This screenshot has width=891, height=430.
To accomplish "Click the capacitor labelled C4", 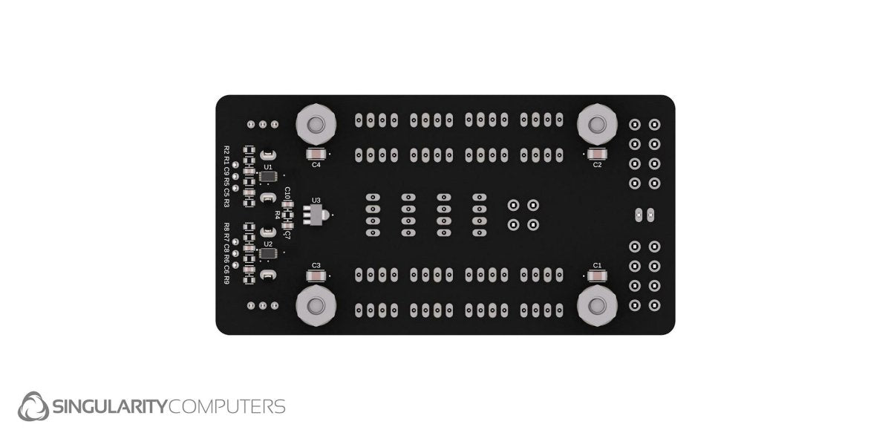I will coord(316,154).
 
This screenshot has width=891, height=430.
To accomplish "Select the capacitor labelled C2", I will coord(597,154).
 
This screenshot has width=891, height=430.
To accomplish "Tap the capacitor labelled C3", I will coord(316,276).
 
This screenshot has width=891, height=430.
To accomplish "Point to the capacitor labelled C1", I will coord(597,276).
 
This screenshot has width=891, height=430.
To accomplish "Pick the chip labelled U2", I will coord(268,253).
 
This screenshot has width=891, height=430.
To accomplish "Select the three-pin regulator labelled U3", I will coord(318,215).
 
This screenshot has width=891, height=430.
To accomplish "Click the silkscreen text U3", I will coord(316,200).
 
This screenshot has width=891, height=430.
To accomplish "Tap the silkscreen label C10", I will coord(287,195).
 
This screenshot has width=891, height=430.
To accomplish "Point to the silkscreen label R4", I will coord(278,215).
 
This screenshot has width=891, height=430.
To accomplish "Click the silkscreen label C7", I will coord(287,232).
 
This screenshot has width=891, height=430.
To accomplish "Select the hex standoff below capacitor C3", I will coord(316,306).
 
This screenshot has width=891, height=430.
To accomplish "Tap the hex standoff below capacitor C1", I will coord(595,306).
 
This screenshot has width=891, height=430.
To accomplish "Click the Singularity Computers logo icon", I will coord(33,406).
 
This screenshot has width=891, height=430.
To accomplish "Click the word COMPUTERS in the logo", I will coord(227,407).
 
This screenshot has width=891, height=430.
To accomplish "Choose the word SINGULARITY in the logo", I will coord(110,407).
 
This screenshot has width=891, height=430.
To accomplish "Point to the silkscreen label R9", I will coord(226,280).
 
